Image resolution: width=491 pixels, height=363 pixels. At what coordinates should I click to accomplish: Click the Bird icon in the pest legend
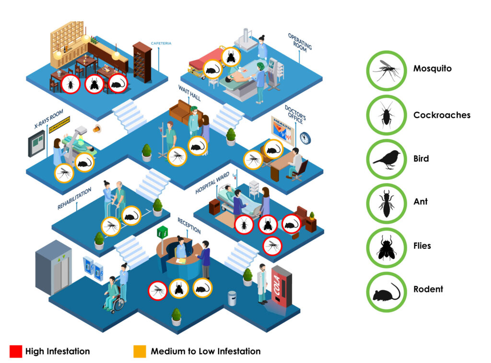[x=386, y=159]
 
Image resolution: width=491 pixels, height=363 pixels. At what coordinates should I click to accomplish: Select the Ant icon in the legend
[x=386, y=203]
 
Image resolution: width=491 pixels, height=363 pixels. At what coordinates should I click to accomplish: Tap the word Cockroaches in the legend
[x=442, y=115]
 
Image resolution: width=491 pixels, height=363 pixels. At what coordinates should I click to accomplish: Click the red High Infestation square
[x=16, y=351]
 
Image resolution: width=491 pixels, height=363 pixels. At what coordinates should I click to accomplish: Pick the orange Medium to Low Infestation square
[x=140, y=351]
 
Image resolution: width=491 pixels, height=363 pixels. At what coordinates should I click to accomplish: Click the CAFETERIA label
[x=161, y=43]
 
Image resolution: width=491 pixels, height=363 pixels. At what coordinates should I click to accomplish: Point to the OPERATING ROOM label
[x=299, y=43]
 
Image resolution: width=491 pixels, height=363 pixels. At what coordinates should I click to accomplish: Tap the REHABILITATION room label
[x=74, y=198]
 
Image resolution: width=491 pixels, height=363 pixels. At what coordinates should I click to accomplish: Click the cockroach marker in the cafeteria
[x=70, y=84]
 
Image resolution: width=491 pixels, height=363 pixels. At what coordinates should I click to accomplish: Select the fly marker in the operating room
[x=231, y=57]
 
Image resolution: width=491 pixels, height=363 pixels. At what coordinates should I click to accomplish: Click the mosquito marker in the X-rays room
[x=64, y=173]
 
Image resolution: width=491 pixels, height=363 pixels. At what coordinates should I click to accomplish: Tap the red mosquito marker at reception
[x=157, y=291]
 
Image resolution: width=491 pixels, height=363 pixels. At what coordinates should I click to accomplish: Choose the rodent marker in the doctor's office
[x=273, y=149]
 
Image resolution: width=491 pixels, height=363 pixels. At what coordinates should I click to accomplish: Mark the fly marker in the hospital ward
[x=268, y=224]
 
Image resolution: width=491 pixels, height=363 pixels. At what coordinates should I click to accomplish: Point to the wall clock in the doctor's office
[x=305, y=138]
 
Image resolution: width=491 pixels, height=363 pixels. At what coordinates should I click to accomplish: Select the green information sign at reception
[x=162, y=233]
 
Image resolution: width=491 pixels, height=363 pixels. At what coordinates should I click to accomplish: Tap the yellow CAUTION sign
[x=59, y=124]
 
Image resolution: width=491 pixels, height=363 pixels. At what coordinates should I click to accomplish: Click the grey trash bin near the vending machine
[x=232, y=298]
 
